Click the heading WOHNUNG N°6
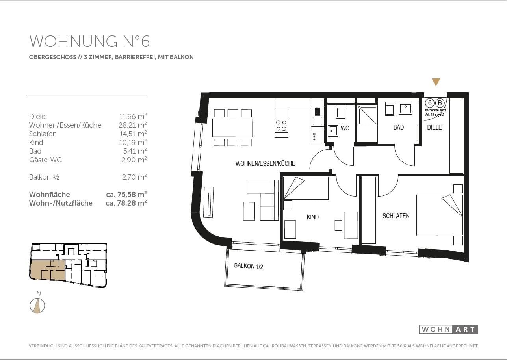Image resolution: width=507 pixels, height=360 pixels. pyautogui.click(x=89, y=41)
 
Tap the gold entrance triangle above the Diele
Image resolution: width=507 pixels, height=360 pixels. pyautogui.click(x=436, y=82)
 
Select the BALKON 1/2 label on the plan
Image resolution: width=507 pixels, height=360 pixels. pyautogui.click(x=248, y=266)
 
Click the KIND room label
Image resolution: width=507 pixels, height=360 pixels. pyautogui.click(x=312, y=217)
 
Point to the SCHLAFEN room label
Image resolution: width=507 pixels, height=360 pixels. pyautogui.click(x=396, y=216)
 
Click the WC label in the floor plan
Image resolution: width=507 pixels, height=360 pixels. pyautogui.click(x=345, y=128)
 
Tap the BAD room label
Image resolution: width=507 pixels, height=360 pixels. pyautogui.click(x=399, y=127)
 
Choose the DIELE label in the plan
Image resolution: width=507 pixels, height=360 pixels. pyautogui.click(x=435, y=127)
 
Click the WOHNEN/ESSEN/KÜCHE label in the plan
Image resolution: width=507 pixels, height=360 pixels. pyautogui.click(x=265, y=163)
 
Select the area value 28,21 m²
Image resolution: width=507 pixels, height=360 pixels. pyautogui.click(x=133, y=125)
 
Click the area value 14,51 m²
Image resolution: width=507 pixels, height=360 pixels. pyautogui.click(x=133, y=134)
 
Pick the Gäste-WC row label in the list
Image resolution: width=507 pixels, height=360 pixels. pyautogui.click(x=45, y=160)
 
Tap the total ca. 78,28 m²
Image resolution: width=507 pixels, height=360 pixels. pyautogui.click(x=126, y=203)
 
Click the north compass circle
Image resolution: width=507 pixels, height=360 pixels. pyautogui.click(x=37, y=306)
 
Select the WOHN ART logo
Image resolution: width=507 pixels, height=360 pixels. pyautogui.click(x=448, y=329)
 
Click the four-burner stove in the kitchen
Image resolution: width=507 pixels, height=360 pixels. pyautogui.click(x=281, y=125)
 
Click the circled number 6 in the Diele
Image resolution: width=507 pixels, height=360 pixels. pyautogui.click(x=430, y=103)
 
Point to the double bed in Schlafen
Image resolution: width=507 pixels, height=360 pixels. pyautogui.click(x=439, y=215)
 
